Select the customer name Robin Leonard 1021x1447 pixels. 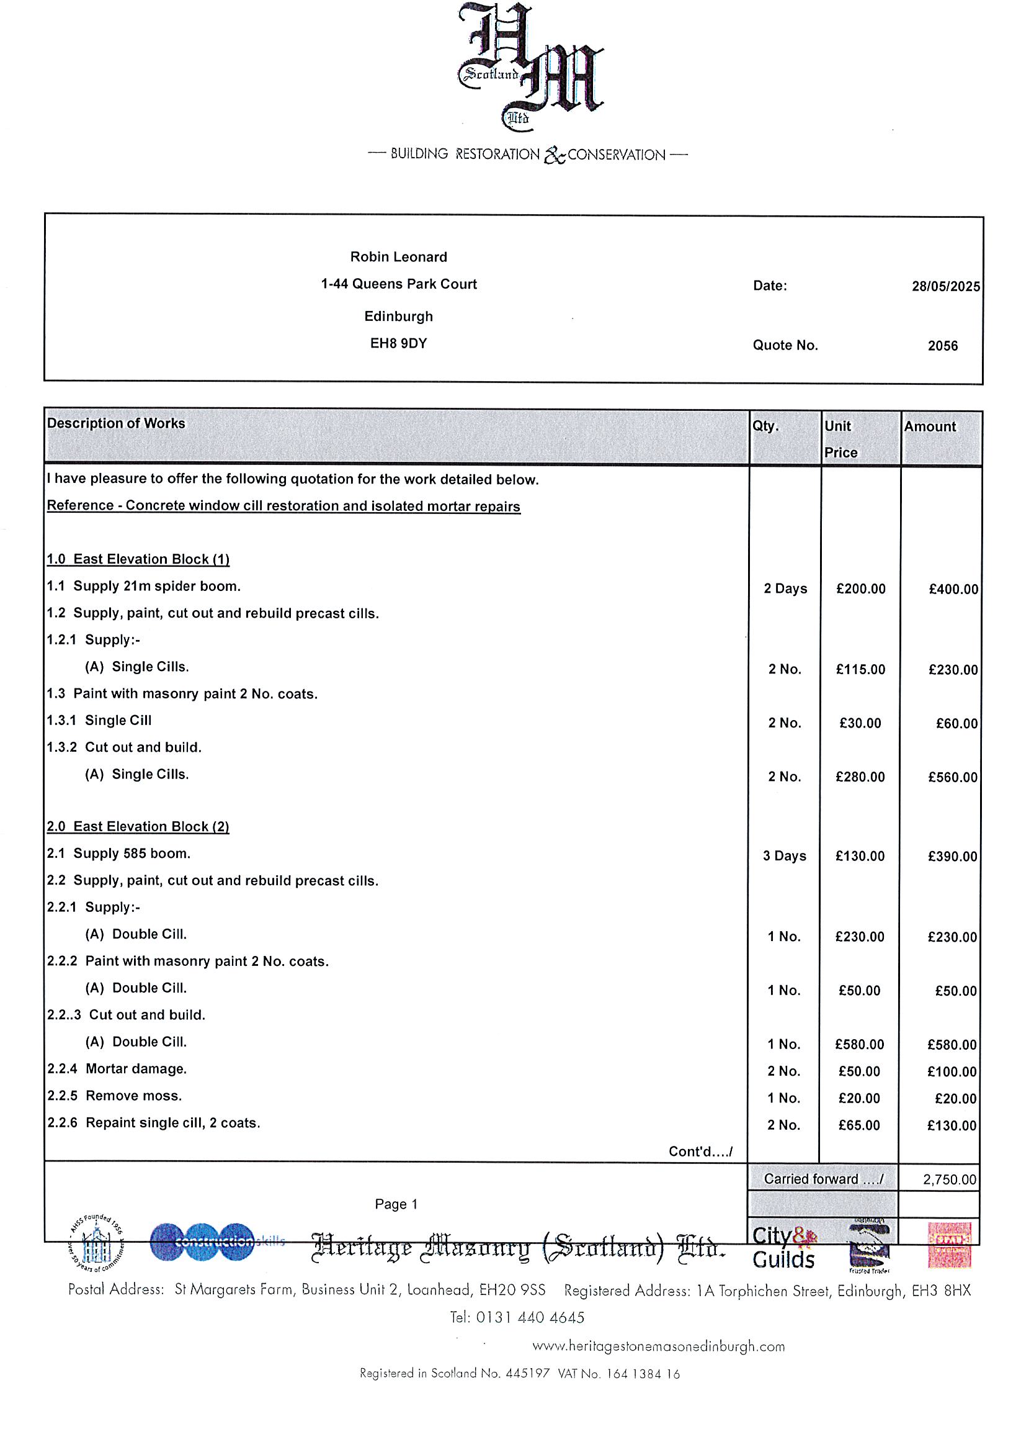click(398, 257)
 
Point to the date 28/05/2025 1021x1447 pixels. click(945, 286)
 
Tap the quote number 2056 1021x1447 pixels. click(942, 346)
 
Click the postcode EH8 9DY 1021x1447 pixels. click(398, 343)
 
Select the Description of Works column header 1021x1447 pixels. click(116, 423)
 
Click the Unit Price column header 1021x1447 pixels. click(841, 440)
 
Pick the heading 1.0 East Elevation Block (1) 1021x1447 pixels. click(138, 559)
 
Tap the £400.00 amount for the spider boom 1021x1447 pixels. click(953, 589)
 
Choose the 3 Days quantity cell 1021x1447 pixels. click(784, 856)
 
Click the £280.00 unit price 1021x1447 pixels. click(860, 777)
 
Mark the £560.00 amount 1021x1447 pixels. click(952, 778)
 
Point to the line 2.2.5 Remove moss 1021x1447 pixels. click(114, 1096)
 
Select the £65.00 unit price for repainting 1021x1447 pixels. click(859, 1125)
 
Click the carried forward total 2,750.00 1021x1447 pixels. click(949, 1180)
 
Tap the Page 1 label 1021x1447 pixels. click(396, 1204)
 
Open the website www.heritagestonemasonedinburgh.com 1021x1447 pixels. click(658, 1347)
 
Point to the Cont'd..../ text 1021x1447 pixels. click(700, 1152)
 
